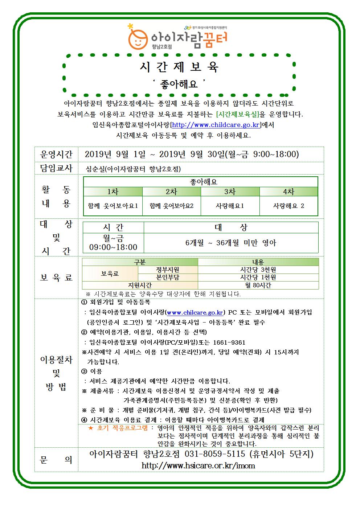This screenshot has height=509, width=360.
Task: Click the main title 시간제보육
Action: click(x=180, y=67)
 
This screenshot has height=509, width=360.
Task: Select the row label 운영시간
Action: click(x=56, y=155)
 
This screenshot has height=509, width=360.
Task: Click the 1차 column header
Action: click(x=113, y=192)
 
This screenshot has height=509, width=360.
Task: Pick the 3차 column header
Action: click(x=230, y=192)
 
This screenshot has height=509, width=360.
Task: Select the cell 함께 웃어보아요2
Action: click(x=172, y=206)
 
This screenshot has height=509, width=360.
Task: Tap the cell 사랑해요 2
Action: click(x=289, y=206)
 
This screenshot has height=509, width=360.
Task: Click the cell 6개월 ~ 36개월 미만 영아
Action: click(x=231, y=243)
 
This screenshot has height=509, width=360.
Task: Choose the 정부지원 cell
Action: click(x=168, y=270)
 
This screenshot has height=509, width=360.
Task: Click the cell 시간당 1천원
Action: click(x=258, y=277)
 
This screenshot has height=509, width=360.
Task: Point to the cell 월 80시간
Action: click(x=258, y=285)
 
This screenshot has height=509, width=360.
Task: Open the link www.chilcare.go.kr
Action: click(x=195, y=312)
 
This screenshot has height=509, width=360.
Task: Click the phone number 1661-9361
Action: click(x=229, y=342)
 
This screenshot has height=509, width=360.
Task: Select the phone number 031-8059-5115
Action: click(x=215, y=454)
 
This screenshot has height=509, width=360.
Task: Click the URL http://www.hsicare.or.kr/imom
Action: click(x=198, y=465)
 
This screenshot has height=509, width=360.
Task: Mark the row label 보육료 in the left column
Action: click(x=56, y=278)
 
